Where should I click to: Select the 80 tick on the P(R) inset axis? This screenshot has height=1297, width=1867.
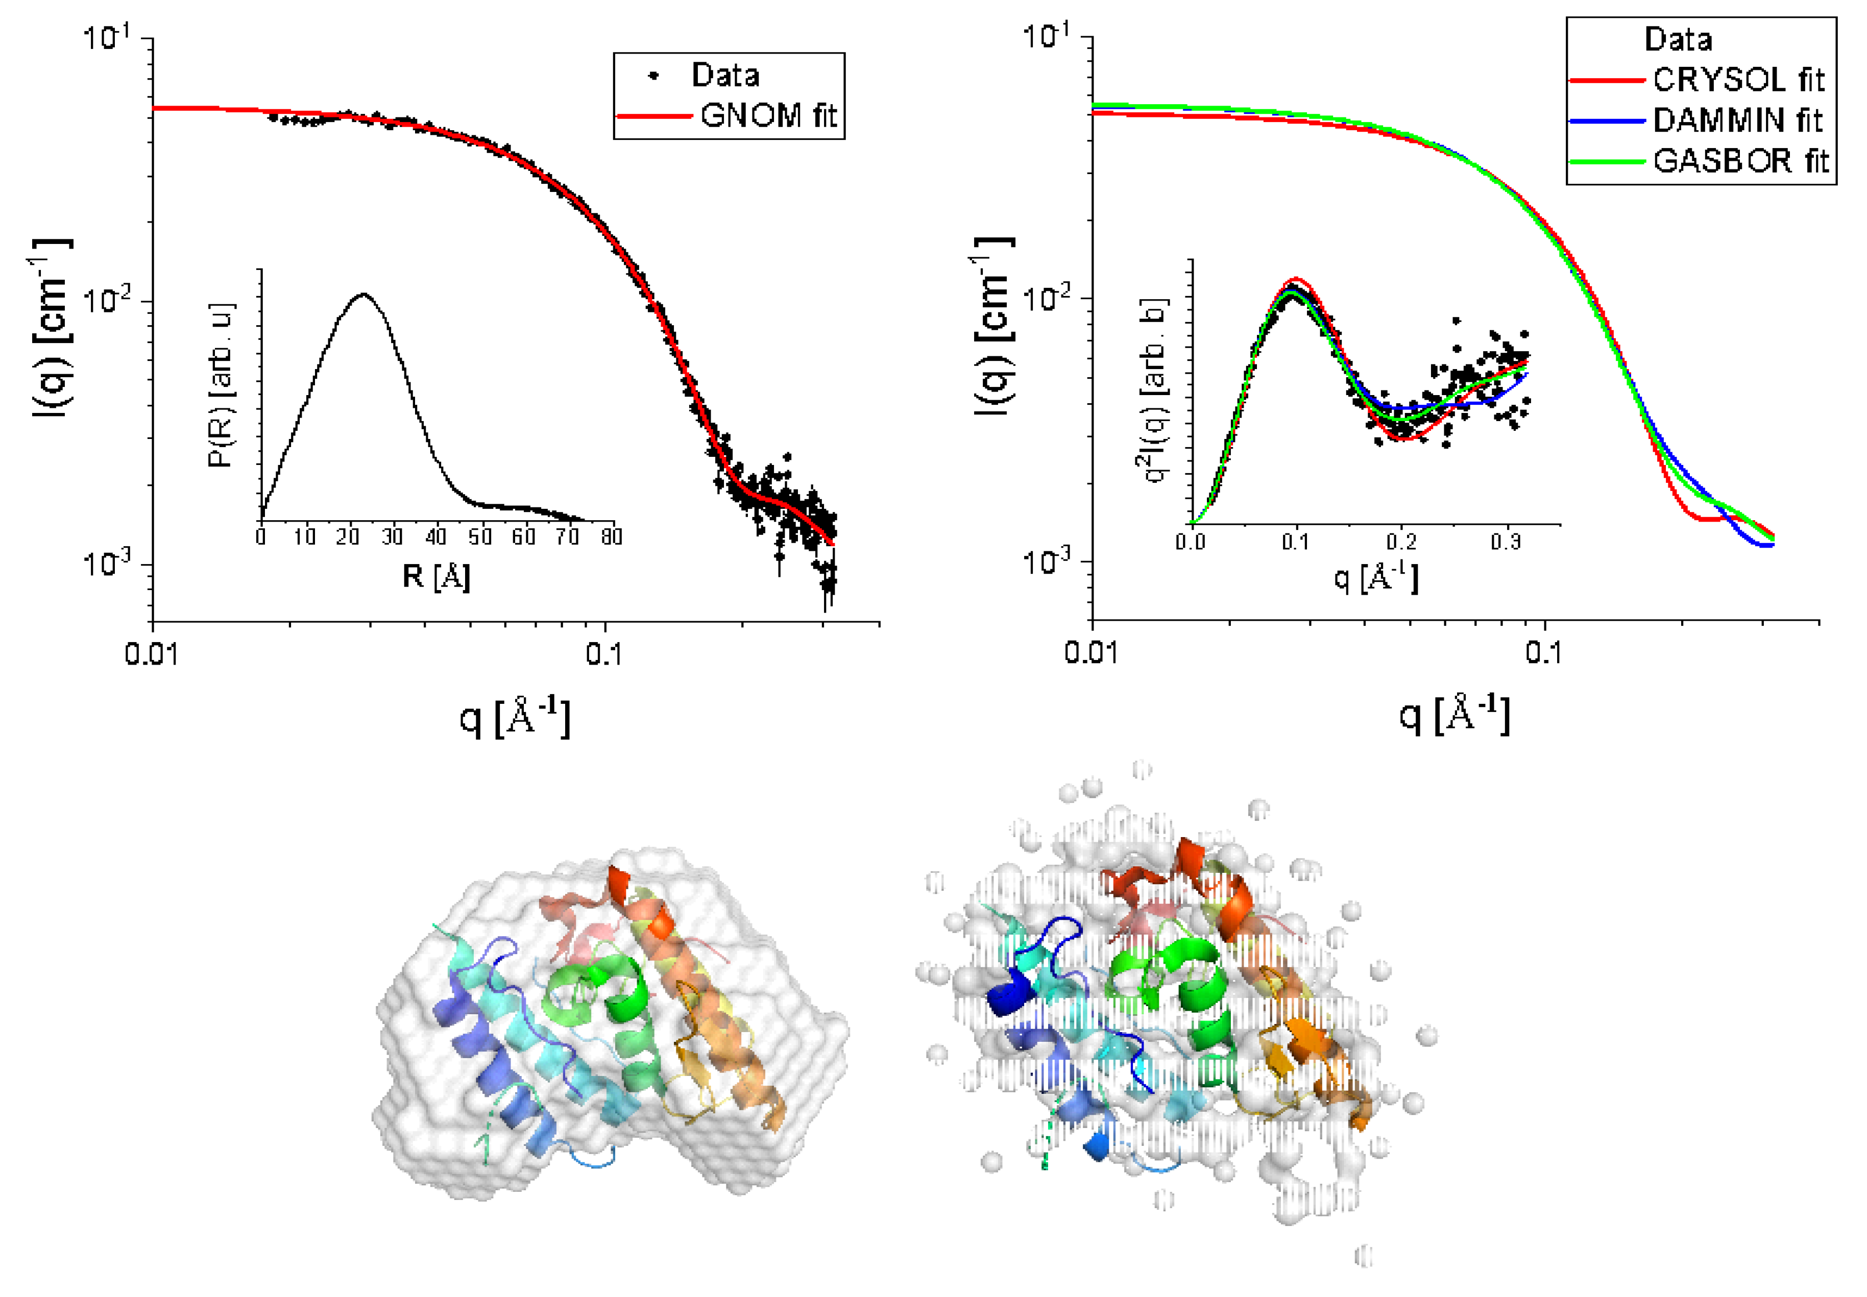[x=611, y=537]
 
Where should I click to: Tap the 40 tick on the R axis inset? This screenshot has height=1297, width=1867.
[x=435, y=537]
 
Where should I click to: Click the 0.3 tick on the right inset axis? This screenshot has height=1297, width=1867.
[x=1506, y=541]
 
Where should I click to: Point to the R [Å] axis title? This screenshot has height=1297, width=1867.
[x=435, y=577]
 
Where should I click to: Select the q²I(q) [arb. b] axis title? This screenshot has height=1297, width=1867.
[x=1153, y=390]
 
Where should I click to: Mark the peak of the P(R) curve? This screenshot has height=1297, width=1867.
[x=363, y=294]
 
